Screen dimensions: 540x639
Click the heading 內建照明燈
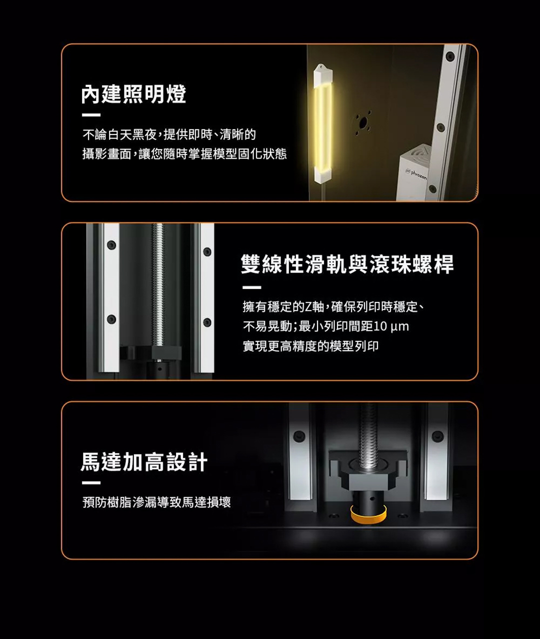point(134,94)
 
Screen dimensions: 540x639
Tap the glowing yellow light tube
point(323,125)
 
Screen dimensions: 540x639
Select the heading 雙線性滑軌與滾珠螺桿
point(347,264)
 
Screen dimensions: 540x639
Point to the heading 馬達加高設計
point(144,462)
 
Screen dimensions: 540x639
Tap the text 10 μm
point(391,326)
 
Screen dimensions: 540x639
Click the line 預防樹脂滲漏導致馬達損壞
point(156,502)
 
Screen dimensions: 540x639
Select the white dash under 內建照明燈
point(91,115)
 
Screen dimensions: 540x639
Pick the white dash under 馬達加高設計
point(91,483)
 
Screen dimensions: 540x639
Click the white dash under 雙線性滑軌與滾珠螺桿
point(251,287)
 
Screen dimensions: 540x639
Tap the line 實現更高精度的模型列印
point(310,346)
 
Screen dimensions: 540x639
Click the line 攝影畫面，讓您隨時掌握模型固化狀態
point(184,154)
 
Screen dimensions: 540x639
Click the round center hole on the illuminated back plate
point(363,123)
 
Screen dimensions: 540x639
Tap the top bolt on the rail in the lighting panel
point(450,56)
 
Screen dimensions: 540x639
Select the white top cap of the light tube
point(322,73)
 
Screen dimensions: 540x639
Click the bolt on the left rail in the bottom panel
point(299,436)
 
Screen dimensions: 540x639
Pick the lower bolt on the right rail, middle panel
point(207,322)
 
